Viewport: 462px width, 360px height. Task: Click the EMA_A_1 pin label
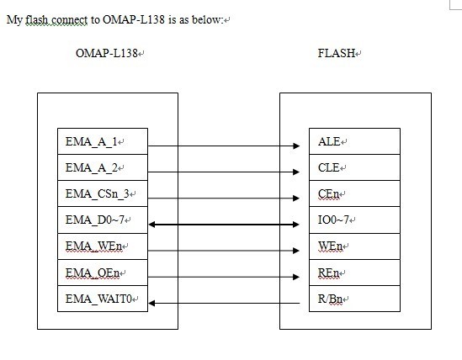91,141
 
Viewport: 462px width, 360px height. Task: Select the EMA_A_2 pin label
92,168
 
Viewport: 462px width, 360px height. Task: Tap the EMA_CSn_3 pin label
98,193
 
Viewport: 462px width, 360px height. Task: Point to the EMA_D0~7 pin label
94,220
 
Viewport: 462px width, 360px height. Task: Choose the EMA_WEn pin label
93,246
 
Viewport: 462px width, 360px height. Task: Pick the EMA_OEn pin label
93,273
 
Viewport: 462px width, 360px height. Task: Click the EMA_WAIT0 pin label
98,299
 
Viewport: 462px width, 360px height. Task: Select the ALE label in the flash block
329,141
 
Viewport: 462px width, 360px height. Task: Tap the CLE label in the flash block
328,168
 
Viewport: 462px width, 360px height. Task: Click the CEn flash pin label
328,193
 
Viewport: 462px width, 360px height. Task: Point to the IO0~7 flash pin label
333,220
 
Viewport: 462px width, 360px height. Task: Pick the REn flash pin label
328,273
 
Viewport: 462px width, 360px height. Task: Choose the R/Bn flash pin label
330,299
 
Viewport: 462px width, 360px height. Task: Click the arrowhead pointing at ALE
296,146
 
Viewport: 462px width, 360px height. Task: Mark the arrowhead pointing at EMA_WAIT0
151,303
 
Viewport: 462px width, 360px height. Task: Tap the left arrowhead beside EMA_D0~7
152,225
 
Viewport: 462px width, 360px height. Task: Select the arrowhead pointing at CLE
296,172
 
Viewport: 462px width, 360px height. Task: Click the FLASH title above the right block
336,53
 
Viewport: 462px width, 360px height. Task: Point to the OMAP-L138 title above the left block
107,53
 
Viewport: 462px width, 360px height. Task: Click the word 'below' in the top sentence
206,19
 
